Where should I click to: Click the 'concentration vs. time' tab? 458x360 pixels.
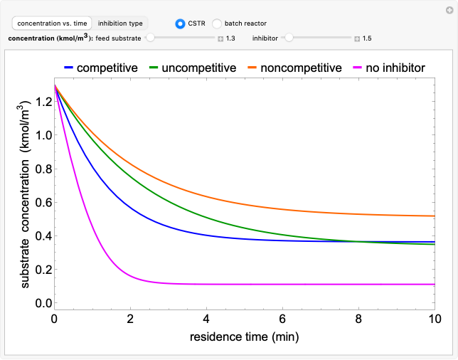[52, 23]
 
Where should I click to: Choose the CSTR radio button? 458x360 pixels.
[181, 23]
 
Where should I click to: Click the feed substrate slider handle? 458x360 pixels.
[150, 38]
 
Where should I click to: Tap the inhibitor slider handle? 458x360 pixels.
[289, 38]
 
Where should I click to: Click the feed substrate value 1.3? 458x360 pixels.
[230, 38]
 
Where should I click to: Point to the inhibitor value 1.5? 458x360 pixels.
[367, 38]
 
